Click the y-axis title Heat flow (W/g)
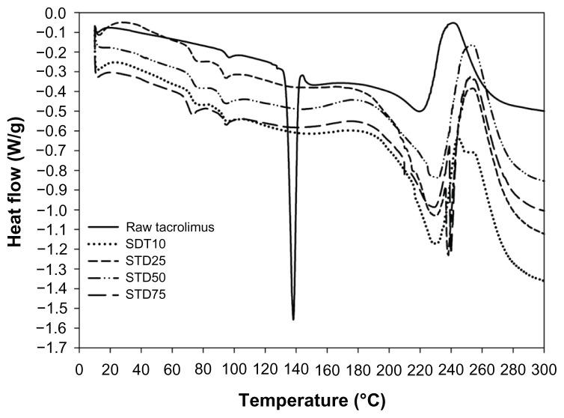coord(15,181)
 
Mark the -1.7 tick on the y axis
coord(58,348)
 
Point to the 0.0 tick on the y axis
coord(60,13)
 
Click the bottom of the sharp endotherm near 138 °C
coord(293,320)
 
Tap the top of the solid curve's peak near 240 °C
coord(453,22)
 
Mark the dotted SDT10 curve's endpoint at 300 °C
coord(544,281)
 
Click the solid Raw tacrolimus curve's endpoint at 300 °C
coord(544,111)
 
